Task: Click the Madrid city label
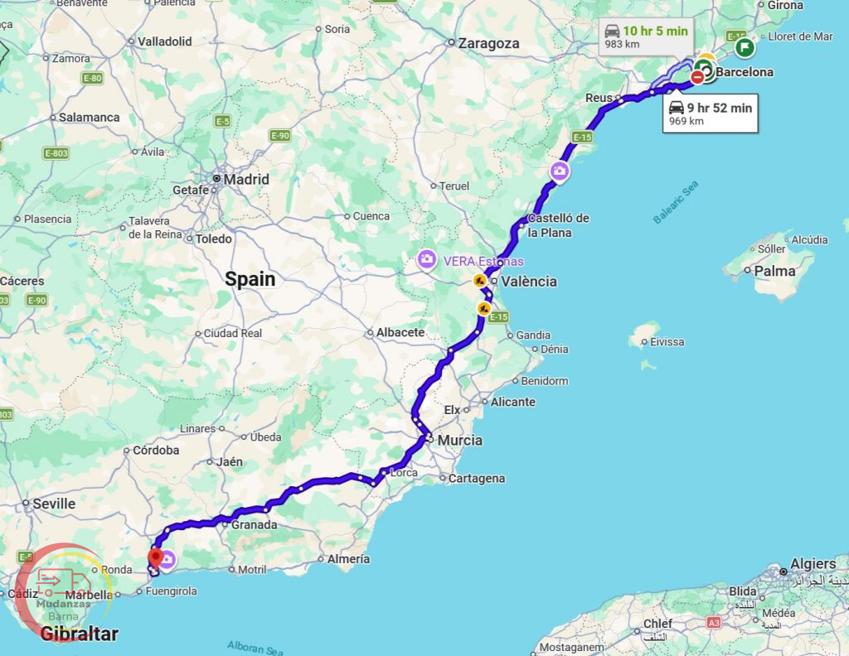(246, 179)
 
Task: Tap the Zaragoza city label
(488, 43)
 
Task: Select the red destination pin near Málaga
(154, 557)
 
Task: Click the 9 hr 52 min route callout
(711, 113)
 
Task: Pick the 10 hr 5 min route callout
(646, 36)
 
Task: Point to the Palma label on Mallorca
(774, 271)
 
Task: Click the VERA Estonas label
(483, 261)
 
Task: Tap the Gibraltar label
(79, 634)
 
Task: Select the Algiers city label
(813, 564)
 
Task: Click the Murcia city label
(459, 440)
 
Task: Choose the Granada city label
(254, 524)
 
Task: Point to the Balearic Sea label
(676, 202)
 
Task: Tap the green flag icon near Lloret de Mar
(745, 47)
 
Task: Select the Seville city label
(54, 504)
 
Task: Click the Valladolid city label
(164, 41)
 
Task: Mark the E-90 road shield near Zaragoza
(279, 135)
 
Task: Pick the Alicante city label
(512, 402)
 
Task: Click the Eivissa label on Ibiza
(667, 341)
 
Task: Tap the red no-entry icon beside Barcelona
(697, 76)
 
